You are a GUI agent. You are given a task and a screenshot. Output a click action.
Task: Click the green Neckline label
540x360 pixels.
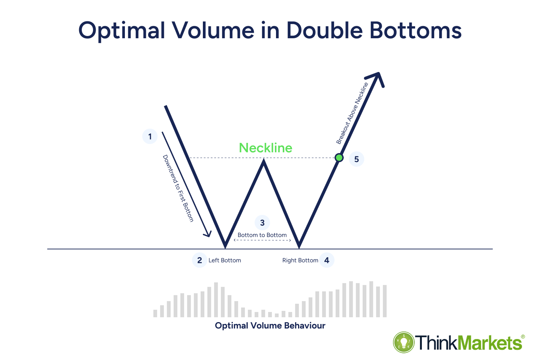pos(265,148)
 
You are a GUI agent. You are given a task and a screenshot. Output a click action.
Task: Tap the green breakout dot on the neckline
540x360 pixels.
pos(339,158)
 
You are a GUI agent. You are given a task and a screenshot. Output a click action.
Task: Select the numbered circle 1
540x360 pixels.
pos(150,136)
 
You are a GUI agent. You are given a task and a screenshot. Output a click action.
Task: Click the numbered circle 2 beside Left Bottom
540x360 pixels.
pos(199,260)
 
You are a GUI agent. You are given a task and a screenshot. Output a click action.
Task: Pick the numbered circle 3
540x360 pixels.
pos(262,223)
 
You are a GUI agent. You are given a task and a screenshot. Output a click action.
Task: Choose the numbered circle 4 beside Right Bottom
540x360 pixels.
pos(327,260)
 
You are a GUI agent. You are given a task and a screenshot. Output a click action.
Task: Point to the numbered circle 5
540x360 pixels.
pos(356,159)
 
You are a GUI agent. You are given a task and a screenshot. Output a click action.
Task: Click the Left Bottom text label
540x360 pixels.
pos(225,260)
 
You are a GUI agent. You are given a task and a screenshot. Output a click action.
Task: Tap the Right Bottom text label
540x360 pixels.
pos(300,260)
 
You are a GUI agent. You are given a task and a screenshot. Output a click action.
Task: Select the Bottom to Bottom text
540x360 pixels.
pos(262,235)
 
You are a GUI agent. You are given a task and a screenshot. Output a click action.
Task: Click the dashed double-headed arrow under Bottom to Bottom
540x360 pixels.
pos(262,240)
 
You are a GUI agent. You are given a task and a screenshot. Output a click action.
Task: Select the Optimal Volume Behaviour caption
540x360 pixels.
pos(270,325)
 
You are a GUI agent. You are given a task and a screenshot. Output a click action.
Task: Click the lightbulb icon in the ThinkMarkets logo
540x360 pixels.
pos(403,342)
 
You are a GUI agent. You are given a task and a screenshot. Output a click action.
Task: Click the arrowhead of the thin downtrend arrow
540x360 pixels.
pos(207,234)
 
